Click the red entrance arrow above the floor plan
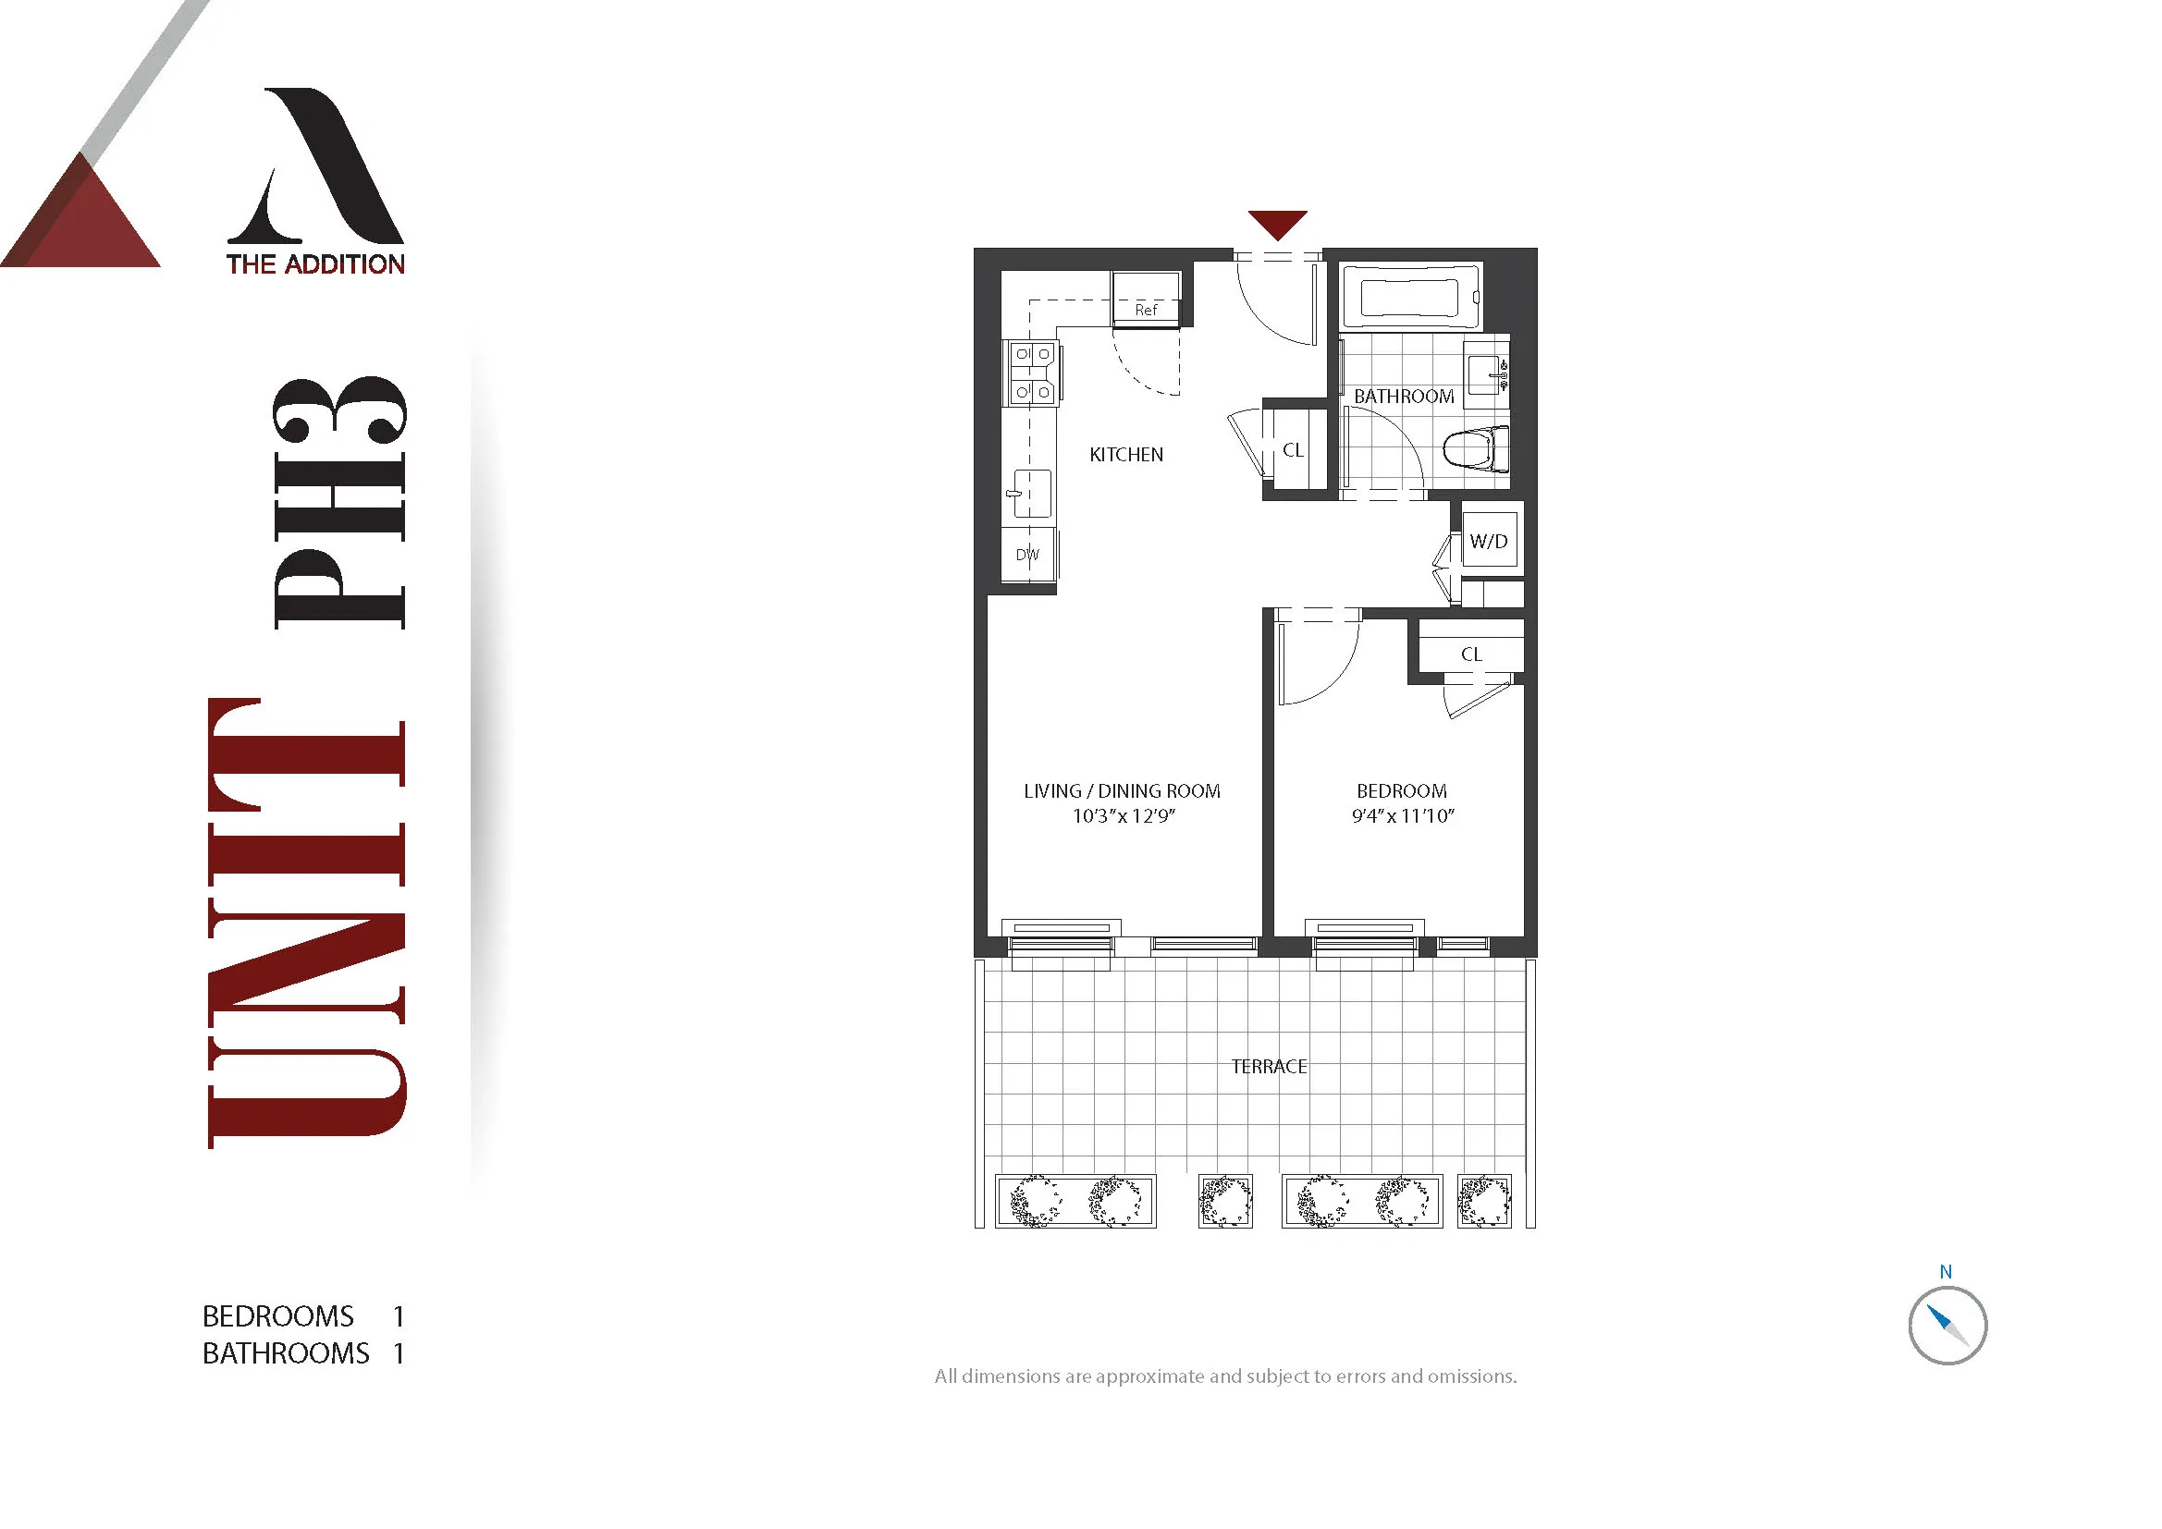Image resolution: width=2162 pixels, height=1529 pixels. pos(1278,224)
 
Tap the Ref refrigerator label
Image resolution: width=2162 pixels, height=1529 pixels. pos(1146,310)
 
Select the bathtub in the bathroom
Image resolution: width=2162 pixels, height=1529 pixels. pos(1409,297)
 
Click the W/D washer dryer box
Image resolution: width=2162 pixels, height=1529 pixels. pos(1489,541)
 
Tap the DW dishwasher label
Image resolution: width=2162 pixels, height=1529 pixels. pos(1027,555)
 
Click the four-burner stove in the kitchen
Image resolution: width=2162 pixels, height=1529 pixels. pos(1033,373)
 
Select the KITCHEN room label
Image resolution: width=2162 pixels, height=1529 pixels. pos(1126,455)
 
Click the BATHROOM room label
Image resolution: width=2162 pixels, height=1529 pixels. pos(1404,397)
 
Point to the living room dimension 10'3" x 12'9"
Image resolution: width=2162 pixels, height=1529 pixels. pos(1124,816)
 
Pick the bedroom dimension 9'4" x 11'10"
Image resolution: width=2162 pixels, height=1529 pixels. pos(1403,816)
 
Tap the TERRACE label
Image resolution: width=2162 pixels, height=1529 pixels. pos(1270,1067)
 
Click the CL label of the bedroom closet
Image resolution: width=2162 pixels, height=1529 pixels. pos(1471,654)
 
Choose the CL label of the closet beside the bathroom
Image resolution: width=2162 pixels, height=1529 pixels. pos(1293,450)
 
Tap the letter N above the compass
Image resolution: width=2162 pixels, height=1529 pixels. pos(1946,1272)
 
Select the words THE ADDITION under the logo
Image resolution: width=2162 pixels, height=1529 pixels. pos(315,264)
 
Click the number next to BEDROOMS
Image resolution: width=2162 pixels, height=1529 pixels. pos(399,1316)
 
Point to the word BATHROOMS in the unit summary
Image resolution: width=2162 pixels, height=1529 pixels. pos(287,1354)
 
